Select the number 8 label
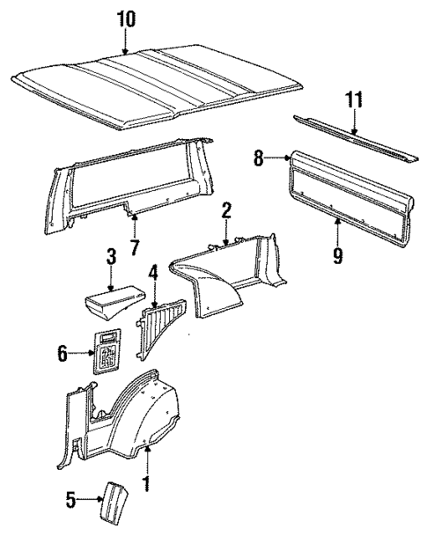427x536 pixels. tap(261, 159)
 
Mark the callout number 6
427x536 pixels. tap(63, 353)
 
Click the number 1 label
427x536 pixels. tap(147, 483)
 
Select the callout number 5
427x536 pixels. tap(72, 501)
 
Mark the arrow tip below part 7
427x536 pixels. tap(130, 214)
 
